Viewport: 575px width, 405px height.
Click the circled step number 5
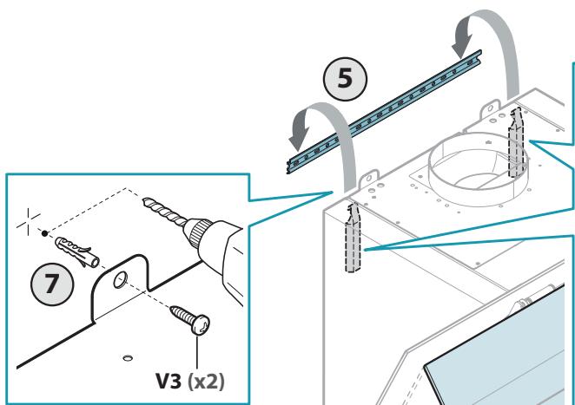coord(345,79)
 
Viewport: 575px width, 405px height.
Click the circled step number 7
coord(52,284)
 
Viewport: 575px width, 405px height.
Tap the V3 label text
coord(169,382)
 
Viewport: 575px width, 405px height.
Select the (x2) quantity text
coord(206,382)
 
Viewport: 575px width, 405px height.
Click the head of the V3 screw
coord(201,325)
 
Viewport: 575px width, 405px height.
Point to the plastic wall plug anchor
coord(76,252)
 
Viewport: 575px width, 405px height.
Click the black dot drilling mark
coord(45,233)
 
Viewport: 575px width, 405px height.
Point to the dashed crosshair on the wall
coord(29,221)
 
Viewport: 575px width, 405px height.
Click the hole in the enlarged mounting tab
coord(120,281)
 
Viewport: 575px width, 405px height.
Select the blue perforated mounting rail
coord(384,112)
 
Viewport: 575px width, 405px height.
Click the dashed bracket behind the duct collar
coord(517,143)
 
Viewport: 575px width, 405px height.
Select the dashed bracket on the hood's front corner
coord(354,238)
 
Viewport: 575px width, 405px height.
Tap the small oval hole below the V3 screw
coord(128,358)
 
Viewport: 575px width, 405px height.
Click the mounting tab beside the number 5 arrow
coord(369,180)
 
